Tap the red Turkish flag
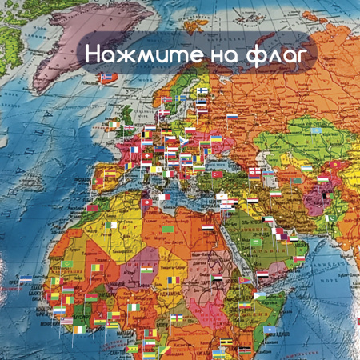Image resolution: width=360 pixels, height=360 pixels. coord(217,174)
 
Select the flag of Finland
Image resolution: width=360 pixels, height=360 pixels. coord(203,90)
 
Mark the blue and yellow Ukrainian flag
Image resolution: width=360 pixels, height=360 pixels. coord(216,139)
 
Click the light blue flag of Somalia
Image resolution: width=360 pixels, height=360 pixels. coord(270,330)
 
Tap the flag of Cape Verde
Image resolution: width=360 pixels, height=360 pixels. coord(26,278)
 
